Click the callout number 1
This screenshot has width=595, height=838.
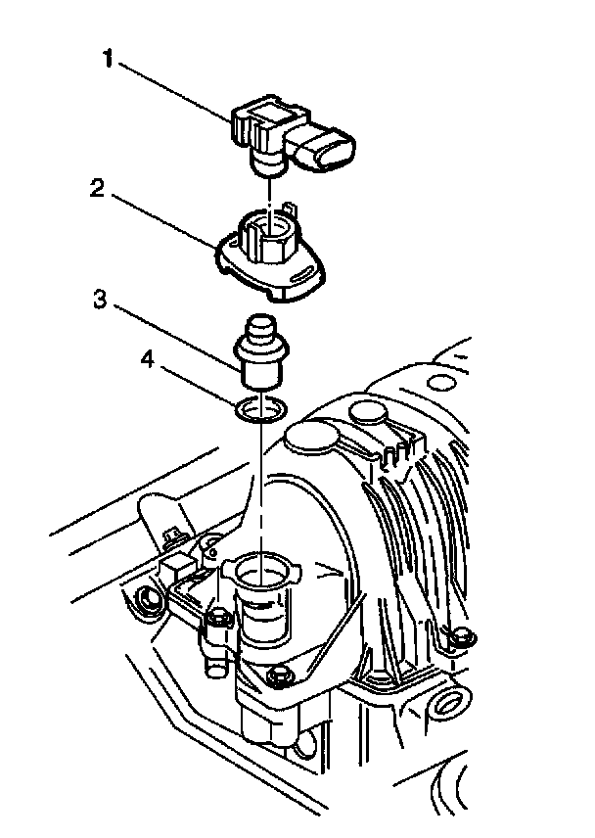(108, 59)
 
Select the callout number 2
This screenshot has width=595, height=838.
(97, 188)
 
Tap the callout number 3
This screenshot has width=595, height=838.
(99, 300)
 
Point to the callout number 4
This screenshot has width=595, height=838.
(148, 360)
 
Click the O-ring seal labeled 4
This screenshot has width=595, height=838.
(260, 409)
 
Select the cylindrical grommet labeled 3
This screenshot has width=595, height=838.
(261, 352)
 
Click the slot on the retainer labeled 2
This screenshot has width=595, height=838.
(300, 276)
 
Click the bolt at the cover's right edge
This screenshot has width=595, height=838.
(463, 636)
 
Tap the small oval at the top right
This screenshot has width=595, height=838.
(440, 383)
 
